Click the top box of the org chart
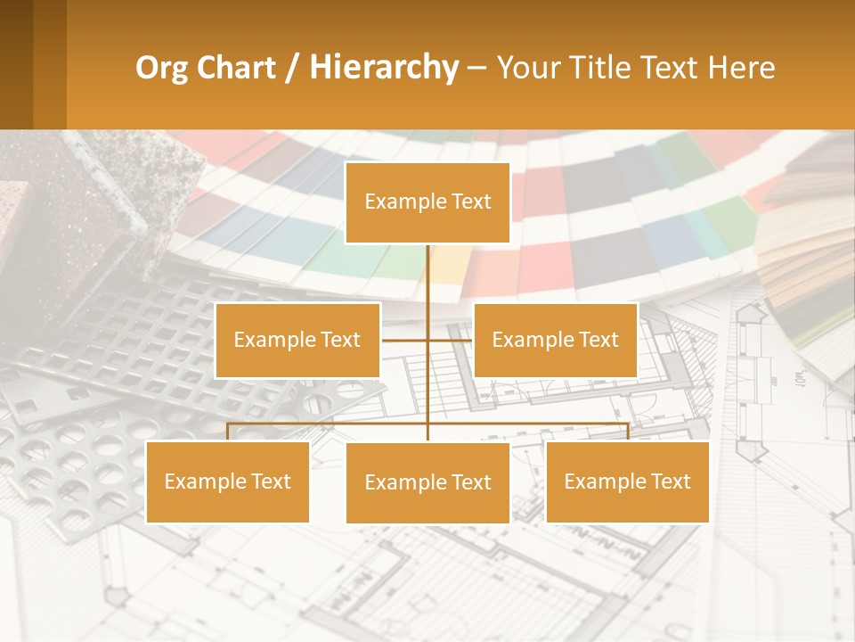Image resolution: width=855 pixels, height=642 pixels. (x=427, y=202)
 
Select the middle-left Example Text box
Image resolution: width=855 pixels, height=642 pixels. (x=297, y=340)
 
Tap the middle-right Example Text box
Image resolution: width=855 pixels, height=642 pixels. (x=555, y=340)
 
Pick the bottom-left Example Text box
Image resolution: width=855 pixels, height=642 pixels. (x=227, y=481)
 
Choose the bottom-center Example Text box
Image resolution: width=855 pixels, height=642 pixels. (x=427, y=482)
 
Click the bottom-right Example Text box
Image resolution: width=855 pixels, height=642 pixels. (x=627, y=481)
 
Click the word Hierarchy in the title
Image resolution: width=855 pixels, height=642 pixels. (x=383, y=68)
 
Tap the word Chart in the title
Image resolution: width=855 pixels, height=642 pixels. (x=235, y=68)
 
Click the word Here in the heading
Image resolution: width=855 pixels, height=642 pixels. (x=741, y=68)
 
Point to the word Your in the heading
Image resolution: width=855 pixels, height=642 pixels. (x=528, y=68)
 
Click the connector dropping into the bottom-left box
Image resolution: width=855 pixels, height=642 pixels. (x=227, y=432)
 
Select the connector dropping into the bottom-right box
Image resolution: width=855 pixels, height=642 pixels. (x=628, y=432)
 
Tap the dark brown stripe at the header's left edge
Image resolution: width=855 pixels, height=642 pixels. (x=16, y=64)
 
